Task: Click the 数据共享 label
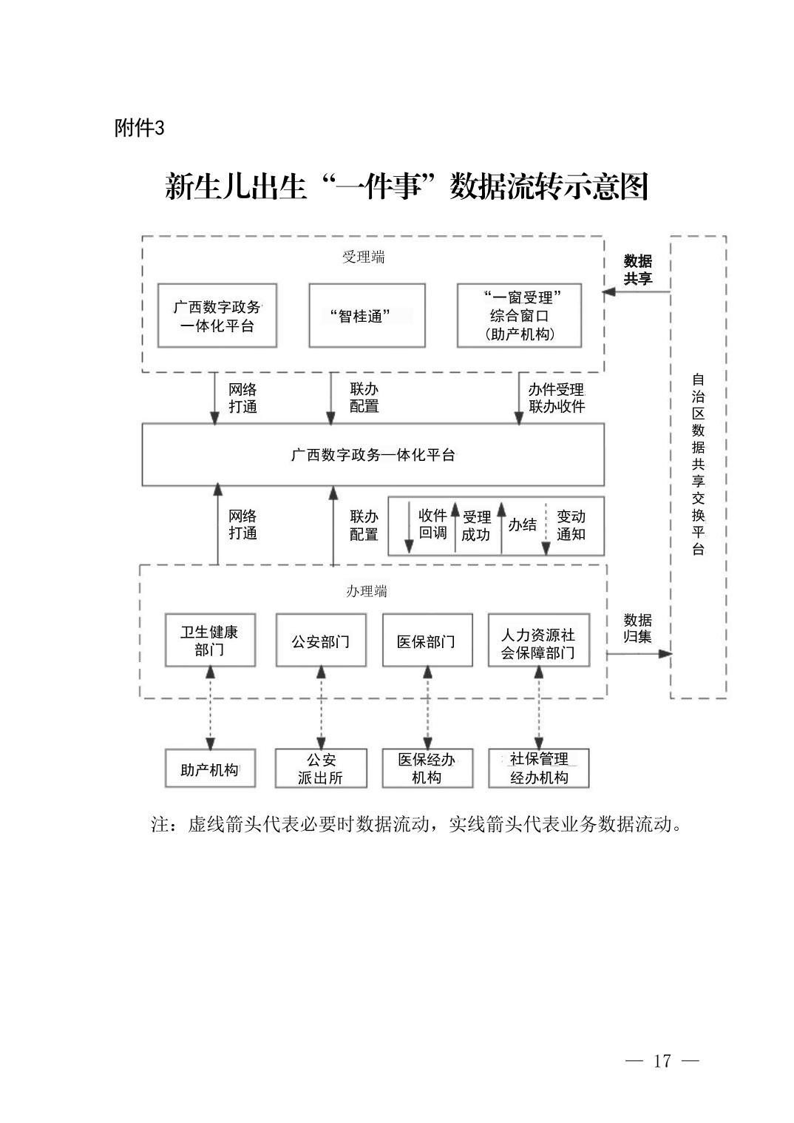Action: [x=638, y=270]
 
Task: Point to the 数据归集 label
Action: [x=638, y=629]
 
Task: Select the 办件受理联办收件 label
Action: [x=556, y=398]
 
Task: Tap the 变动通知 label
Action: [x=571, y=525]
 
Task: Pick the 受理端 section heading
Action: [x=364, y=257]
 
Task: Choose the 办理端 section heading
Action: [x=367, y=592]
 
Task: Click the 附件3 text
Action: [x=139, y=128]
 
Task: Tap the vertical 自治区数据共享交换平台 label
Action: [x=698, y=465]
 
